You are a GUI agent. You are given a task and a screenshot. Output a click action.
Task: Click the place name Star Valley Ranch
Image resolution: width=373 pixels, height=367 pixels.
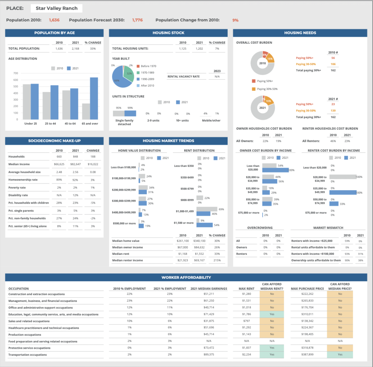tap(56, 8)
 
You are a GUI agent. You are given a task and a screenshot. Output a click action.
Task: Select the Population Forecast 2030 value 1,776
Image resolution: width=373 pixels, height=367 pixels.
tap(137, 20)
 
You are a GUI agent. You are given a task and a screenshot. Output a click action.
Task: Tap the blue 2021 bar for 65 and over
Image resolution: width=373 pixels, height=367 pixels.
tap(94, 98)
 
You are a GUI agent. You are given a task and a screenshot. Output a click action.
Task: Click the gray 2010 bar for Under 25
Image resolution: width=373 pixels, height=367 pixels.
tap(27, 102)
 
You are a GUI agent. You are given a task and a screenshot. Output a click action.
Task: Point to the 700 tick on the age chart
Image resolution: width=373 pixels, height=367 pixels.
tap(16, 73)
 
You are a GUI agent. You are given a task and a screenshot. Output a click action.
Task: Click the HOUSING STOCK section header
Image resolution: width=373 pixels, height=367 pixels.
tap(168, 33)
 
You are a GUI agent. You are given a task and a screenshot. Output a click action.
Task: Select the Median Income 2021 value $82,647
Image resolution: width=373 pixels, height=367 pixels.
tap(75, 164)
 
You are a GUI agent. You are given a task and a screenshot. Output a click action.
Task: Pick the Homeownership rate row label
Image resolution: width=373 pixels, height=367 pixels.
tap(23, 180)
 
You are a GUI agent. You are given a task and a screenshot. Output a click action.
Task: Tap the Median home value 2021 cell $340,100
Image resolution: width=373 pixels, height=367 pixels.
tap(199, 241)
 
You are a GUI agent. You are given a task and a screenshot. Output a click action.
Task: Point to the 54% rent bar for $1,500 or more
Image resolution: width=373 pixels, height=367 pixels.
tap(204, 225)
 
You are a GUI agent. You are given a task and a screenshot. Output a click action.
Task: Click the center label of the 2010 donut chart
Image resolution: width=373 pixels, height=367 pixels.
tap(262, 63)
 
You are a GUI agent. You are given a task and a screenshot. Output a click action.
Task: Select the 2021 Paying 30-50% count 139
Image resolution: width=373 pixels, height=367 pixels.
tap(333, 110)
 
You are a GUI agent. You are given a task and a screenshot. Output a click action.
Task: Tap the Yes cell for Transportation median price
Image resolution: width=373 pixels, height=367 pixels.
tap(340, 354)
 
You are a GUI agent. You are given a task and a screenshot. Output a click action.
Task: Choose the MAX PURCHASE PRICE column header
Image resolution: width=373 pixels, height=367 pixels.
tap(307, 289)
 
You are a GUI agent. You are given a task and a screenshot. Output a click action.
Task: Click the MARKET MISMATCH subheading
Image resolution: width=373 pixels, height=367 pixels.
tap(328, 228)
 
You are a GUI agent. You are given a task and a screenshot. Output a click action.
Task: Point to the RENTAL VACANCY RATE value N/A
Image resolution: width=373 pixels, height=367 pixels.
tap(217, 77)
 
